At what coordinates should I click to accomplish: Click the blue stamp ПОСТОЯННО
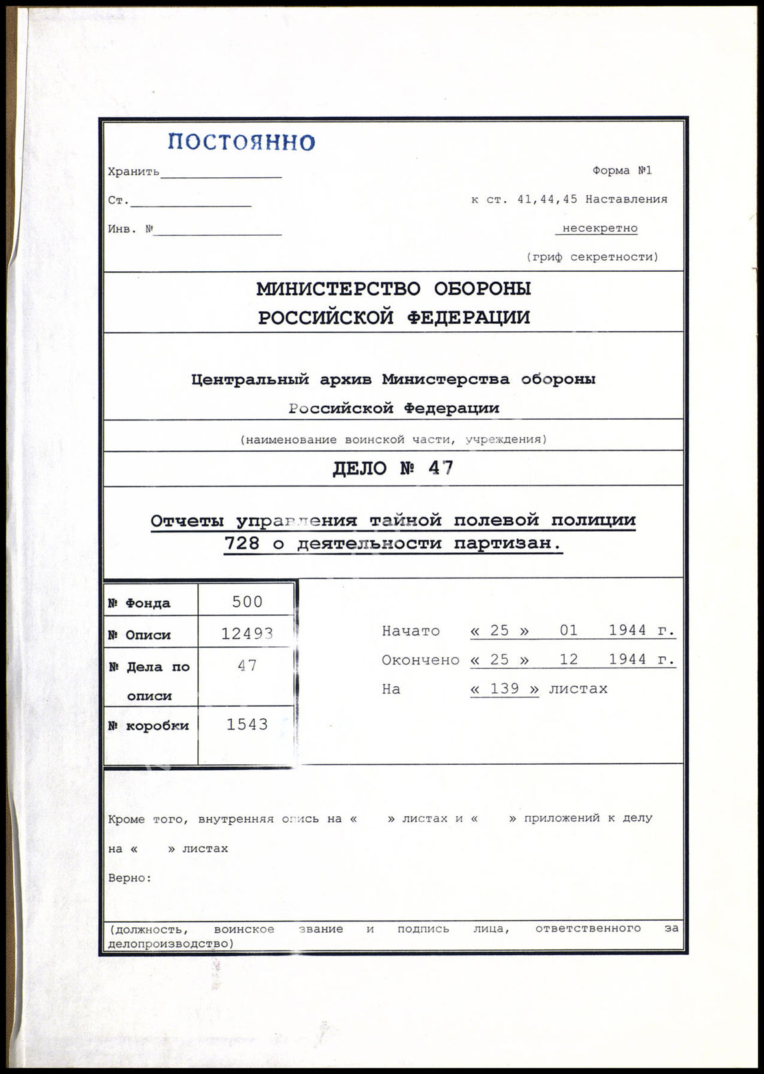click(241, 142)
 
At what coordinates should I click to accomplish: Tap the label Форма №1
click(622, 171)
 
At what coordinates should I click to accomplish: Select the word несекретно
click(599, 228)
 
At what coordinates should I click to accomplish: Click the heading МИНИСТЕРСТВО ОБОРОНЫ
click(393, 288)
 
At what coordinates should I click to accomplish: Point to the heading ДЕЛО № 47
click(393, 468)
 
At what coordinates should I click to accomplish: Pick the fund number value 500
click(247, 602)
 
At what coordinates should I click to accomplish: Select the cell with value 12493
click(247, 634)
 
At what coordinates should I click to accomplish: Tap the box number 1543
click(247, 724)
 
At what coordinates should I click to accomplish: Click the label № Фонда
click(139, 603)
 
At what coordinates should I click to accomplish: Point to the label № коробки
click(148, 726)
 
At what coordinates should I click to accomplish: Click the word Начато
click(411, 630)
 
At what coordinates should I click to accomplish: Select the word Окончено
click(420, 660)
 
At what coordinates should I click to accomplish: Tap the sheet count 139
click(504, 688)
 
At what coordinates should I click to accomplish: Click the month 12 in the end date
click(569, 659)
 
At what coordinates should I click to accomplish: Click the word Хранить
click(133, 172)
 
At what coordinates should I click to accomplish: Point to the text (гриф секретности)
click(592, 257)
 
